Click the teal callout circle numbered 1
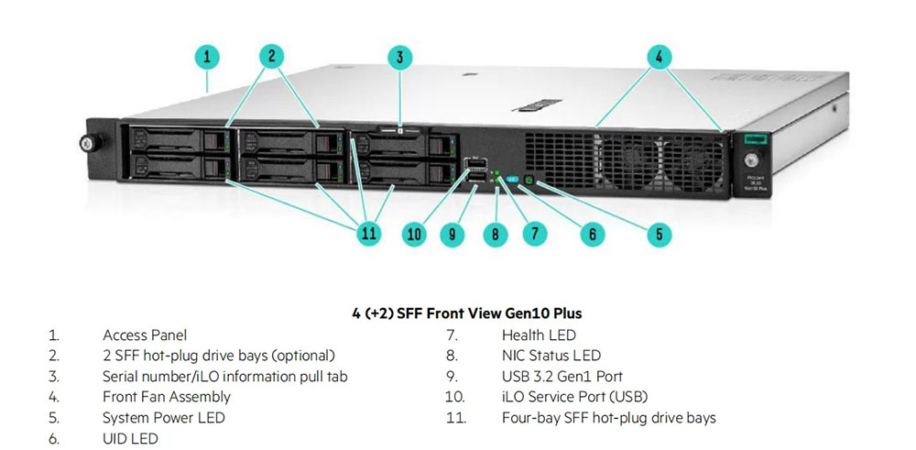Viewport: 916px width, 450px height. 208,57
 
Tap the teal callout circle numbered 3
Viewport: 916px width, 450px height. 398,57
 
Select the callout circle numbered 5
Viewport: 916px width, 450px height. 660,234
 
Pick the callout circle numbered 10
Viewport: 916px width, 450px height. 415,234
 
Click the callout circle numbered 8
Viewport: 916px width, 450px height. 495,234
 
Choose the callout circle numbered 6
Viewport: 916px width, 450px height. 592,234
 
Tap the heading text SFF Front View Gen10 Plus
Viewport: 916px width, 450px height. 466,313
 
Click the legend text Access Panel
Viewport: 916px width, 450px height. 145,335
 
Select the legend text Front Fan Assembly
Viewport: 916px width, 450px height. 167,397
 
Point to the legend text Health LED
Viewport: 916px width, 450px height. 539,335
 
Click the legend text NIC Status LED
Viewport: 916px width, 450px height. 551,356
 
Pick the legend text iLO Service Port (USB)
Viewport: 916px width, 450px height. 575,397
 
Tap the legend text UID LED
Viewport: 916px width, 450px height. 130,438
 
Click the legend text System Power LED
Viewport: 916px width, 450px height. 163,418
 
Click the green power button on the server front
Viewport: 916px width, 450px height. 530,188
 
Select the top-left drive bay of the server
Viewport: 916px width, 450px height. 178,140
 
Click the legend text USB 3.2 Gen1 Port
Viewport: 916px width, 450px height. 562,377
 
